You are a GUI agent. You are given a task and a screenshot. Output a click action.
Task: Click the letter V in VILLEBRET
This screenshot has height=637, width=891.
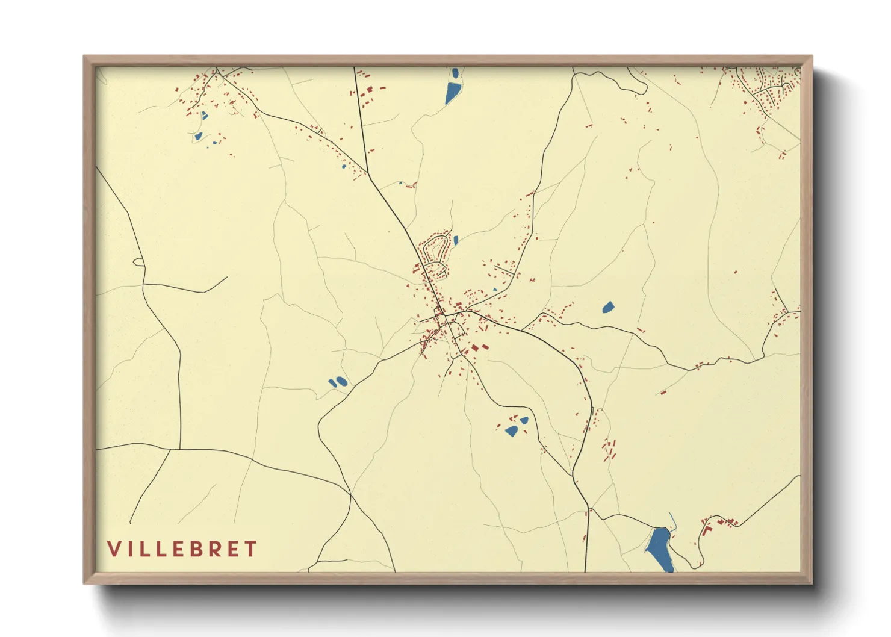[x=114, y=549]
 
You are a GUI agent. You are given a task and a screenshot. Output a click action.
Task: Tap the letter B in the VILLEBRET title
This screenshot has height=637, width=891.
[x=200, y=549]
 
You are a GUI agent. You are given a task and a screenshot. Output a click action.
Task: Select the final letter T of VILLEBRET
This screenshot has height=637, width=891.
[x=251, y=549]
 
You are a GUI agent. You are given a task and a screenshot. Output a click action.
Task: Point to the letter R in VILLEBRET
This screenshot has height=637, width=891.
[x=217, y=549]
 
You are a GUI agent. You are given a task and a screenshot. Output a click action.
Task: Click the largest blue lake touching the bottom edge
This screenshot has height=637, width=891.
[x=659, y=548]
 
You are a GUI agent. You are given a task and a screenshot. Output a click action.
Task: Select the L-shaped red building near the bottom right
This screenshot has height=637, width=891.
[x=707, y=530]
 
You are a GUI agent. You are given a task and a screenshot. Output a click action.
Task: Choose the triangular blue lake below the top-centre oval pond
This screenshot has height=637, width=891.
[x=452, y=94]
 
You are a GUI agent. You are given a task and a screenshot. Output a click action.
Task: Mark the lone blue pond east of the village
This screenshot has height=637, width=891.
[x=608, y=308]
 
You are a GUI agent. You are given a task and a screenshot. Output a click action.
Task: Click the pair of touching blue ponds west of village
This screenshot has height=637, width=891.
[x=337, y=382]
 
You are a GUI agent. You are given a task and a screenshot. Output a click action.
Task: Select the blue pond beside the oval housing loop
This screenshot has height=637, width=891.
[x=456, y=240]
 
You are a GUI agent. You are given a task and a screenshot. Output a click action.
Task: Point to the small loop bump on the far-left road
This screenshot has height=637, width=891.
[x=138, y=262]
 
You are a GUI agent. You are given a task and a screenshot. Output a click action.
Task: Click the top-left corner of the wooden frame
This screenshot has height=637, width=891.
[x=84, y=57]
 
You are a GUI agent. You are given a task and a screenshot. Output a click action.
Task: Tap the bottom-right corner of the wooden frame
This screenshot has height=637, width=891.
[x=812, y=583]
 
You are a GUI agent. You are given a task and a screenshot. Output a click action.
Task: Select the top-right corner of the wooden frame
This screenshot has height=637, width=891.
[x=812, y=57]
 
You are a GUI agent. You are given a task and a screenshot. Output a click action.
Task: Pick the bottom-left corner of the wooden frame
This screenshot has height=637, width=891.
[x=84, y=583]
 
